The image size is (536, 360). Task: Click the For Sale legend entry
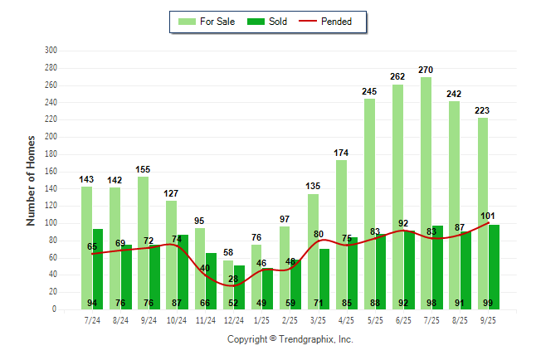pyautogui.click(x=209, y=22)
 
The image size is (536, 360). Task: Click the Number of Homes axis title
pyautogui.click(x=31, y=180)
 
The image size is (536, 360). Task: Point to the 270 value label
pyautogui.click(x=426, y=70)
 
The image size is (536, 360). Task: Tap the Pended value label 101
pyautogui.click(x=488, y=216)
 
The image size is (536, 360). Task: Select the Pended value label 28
pyautogui.click(x=233, y=279)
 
